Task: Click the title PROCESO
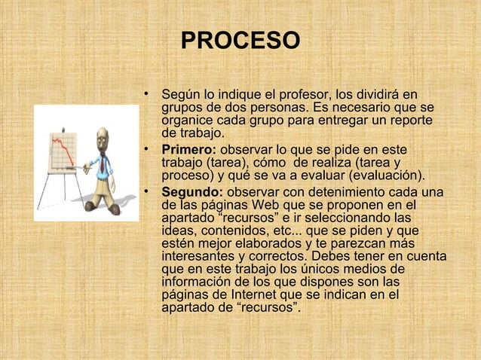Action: pos(240,40)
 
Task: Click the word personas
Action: pos(267,108)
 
